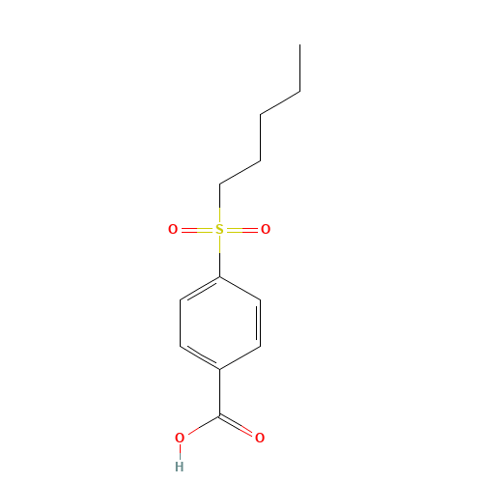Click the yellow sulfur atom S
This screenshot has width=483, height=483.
(219, 230)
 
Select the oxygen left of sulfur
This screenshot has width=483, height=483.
(173, 230)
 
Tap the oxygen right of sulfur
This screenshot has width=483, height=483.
(266, 230)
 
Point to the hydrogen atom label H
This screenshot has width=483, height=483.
(179, 467)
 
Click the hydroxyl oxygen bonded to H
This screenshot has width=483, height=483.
(180, 439)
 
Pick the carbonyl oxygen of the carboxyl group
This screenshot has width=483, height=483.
(260, 438)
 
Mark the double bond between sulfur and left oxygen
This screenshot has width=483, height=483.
(196, 230)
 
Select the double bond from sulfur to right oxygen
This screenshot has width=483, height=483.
(242, 230)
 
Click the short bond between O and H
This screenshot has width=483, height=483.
(180, 452)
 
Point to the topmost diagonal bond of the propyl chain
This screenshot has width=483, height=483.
(279, 102)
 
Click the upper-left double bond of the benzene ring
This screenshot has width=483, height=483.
(200, 289)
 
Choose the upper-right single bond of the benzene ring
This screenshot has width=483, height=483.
(240, 289)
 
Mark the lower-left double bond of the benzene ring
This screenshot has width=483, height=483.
(200, 357)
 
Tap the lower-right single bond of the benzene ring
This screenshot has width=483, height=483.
(240, 357)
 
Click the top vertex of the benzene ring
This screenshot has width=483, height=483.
(220, 277)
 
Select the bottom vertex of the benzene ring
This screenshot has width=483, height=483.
(220, 369)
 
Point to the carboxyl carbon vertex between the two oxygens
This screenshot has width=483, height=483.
(220, 415)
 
